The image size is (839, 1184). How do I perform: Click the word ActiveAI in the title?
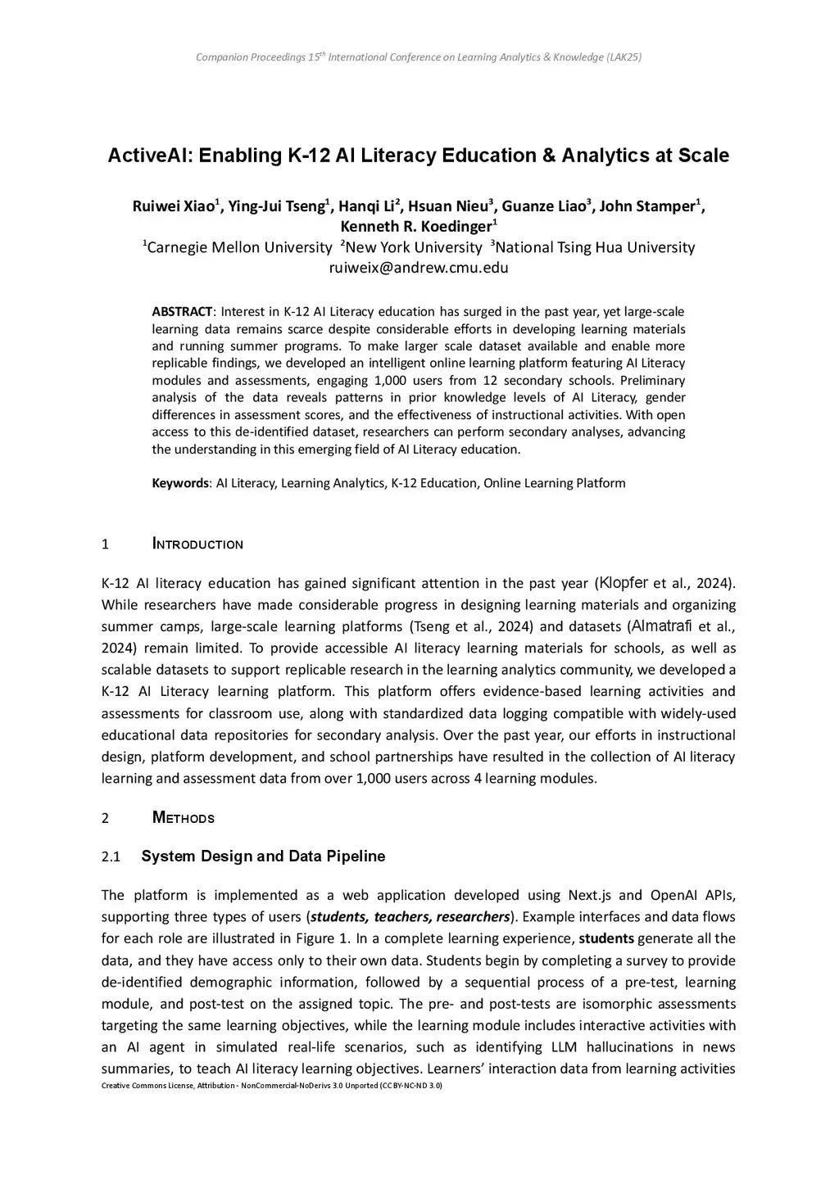pos(153,156)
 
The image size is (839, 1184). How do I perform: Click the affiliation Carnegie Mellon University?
pos(238,247)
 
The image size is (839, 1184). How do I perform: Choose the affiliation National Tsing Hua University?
pos(595,247)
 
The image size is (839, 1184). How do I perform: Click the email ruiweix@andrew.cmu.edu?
pos(419,268)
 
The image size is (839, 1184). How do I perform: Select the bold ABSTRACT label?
pos(182,312)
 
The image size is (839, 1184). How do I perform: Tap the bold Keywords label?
pos(180,483)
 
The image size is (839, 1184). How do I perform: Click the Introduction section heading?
pos(197,545)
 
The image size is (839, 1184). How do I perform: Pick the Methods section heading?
pos(184,818)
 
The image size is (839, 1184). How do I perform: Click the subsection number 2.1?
pos(111,857)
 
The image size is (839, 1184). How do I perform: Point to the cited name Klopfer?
pos(624,584)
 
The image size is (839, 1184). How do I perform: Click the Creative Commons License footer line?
pos(271,1086)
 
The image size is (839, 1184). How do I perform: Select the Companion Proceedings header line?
pos(419,57)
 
